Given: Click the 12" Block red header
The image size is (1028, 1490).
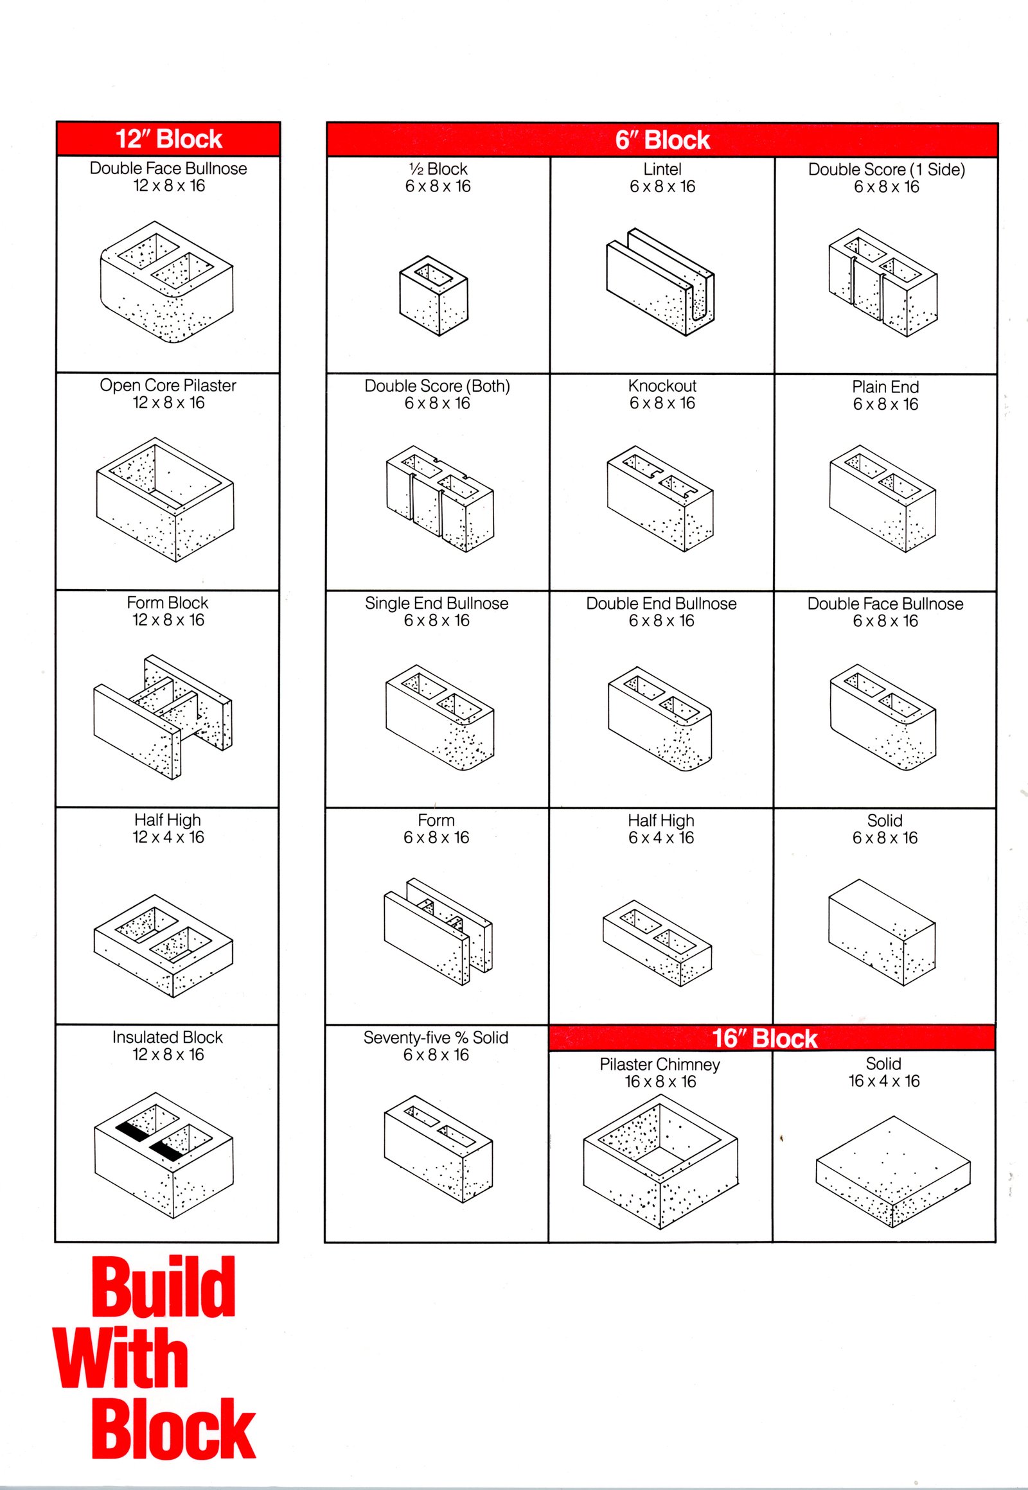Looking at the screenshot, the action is pyautogui.click(x=168, y=139).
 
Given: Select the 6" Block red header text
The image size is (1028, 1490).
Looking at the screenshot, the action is pyautogui.click(x=662, y=140).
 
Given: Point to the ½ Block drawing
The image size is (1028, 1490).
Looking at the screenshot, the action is pyautogui.click(x=434, y=295).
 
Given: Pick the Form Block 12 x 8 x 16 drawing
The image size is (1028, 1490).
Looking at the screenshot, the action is pyautogui.click(x=163, y=717).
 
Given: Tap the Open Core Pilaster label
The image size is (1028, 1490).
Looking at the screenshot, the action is pyautogui.click(x=168, y=385).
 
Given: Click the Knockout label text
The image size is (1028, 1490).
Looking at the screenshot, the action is pyautogui.click(x=662, y=386).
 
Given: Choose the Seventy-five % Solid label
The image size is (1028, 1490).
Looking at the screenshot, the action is pyautogui.click(x=436, y=1037).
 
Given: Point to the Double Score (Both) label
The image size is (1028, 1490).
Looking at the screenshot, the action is pyautogui.click(x=437, y=386).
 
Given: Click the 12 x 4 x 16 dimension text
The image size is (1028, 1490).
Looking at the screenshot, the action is pyautogui.click(x=168, y=837).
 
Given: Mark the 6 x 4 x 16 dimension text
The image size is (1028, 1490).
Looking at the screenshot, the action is pyautogui.click(x=661, y=837).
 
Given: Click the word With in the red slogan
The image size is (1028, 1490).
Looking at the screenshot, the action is pyautogui.click(x=121, y=1357).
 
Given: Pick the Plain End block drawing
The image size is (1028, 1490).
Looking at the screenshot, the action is pyautogui.click(x=882, y=497).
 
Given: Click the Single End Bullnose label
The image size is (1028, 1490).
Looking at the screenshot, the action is pyautogui.click(x=436, y=603).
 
